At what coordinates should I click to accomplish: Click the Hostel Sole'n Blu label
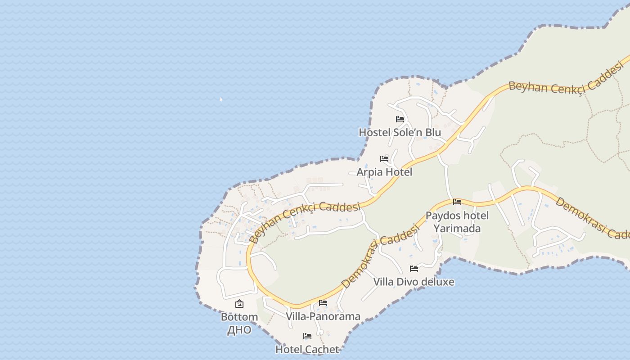[x=400, y=132]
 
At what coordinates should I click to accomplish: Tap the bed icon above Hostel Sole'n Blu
[x=400, y=119]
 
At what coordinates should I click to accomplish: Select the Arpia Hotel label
[x=384, y=172]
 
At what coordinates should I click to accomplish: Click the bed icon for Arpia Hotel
[x=384, y=159]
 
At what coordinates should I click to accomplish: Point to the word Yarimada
[x=457, y=228]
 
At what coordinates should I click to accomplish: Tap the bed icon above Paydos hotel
[x=457, y=202]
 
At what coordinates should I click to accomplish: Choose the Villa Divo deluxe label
[x=414, y=282]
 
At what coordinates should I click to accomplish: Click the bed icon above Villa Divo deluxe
[x=414, y=269]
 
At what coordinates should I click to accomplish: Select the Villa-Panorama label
[x=323, y=316]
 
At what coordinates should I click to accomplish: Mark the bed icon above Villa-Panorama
[x=323, y=303]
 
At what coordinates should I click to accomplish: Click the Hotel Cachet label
[x=307, y=349]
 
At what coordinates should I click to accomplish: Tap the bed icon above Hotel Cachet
[x=307, y=336]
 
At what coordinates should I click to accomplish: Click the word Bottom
[x=239, y=317]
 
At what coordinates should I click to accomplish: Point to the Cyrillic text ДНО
[x=239, y=329]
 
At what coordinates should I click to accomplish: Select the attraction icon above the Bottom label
[x=239, y=304]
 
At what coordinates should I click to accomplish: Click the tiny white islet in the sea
[x=221, y=99]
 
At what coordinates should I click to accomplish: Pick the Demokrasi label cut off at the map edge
[x=592, y=218]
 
